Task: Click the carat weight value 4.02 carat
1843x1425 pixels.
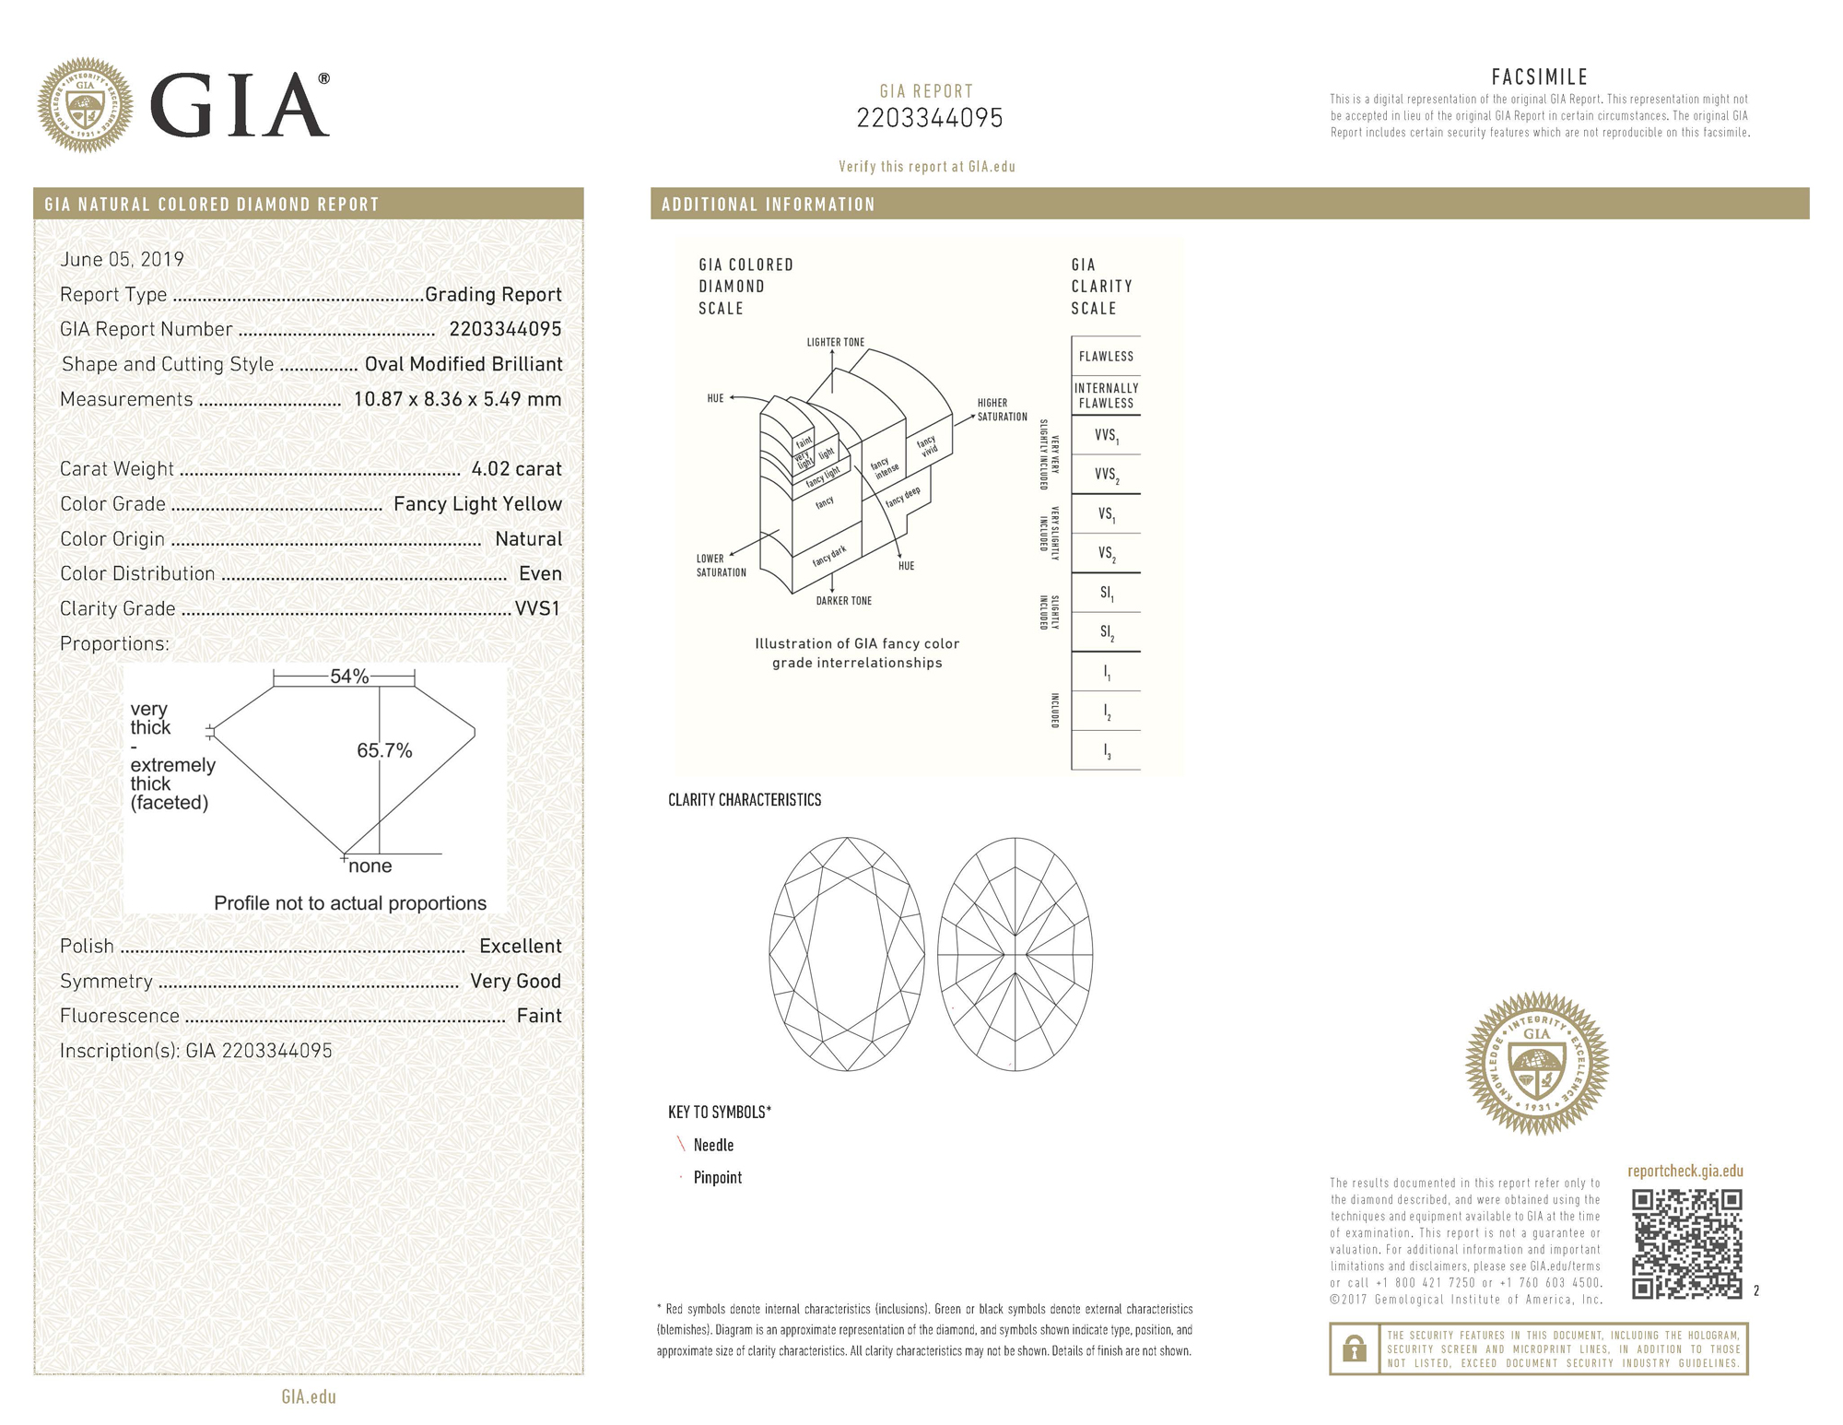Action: pyautogui.click(x=516, y=469)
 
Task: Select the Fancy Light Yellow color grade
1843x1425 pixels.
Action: pyautogui.click(x=477, y=504)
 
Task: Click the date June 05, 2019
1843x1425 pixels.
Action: pyautogui.click(x=122, y=260)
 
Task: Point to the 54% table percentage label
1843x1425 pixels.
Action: pyautogui.click(x=349, y=677)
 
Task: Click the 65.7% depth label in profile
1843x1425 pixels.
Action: pyautogui.click(x=384, y=751)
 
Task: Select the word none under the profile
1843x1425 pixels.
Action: pyautogui.click(x=370, y=866)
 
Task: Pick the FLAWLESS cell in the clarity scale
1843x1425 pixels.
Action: pyautogui.click(x=1106, y=357)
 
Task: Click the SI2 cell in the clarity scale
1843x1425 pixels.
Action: pyautogui.click(x=1106, y=632)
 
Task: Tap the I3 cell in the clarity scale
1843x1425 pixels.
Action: pyautogui.click(x=1106, y=751)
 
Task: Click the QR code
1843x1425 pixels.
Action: pyautogui.click(x=1686, y=1243)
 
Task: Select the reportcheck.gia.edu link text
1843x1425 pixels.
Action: pyautogui.click(x=1685, y=1172)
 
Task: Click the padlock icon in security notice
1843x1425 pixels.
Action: pyautogui.click(x=1354, y=1349)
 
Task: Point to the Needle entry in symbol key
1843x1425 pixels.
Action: pyautogui.click(x=713, y=1146)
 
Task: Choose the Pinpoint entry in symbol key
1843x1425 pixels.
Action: pyautogui.click(x=717, y=1178)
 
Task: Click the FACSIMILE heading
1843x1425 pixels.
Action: pyautogui.click(x=1539, y=77)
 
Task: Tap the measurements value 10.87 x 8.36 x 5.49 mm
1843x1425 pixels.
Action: pyautogui.click(x=457, y=400)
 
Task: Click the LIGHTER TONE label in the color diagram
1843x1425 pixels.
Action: pyautogui.click(x=835, y=343)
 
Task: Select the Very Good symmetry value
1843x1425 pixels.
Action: pyautogui.click(x=515, y=982)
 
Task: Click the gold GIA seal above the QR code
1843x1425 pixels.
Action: pyautogui.click(x=1536, y=1063)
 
